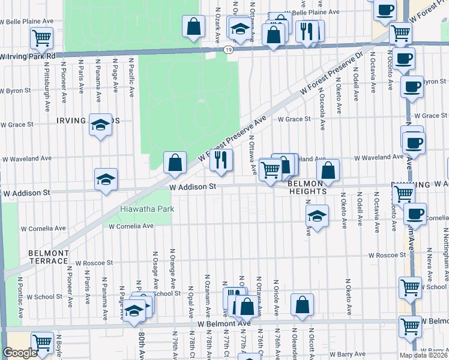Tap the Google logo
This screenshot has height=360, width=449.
20,353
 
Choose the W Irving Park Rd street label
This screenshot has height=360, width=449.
28,56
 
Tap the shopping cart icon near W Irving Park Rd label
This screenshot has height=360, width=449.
41,37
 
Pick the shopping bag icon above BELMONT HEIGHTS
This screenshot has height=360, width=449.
328,170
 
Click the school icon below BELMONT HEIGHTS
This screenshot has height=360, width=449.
316,217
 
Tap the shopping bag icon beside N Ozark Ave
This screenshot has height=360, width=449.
193,26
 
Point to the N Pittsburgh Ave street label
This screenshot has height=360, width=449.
47,90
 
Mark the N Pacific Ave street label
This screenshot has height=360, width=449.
131,76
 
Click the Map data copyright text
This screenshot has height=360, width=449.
423,355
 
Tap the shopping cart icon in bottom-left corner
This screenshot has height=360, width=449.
42,343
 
